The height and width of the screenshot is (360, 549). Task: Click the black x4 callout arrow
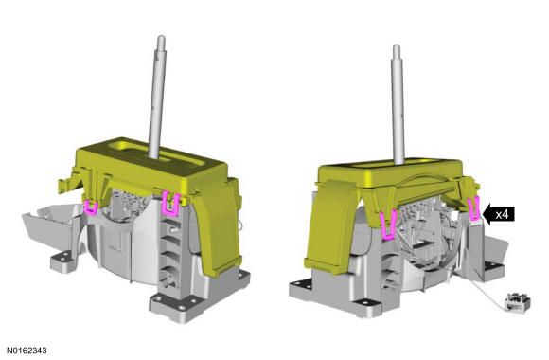(498, 214)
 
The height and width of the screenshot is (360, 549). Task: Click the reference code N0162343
(27, 351)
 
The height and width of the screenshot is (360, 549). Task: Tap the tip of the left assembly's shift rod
(161, 36)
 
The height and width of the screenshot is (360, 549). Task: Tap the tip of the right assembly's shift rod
(397, 45)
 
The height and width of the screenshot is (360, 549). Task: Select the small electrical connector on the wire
(518, 302)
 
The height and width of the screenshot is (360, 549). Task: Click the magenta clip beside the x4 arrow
(473, 208)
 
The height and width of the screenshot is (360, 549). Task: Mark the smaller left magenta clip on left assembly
(91, 207)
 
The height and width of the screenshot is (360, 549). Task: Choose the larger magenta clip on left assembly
(171, 204)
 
